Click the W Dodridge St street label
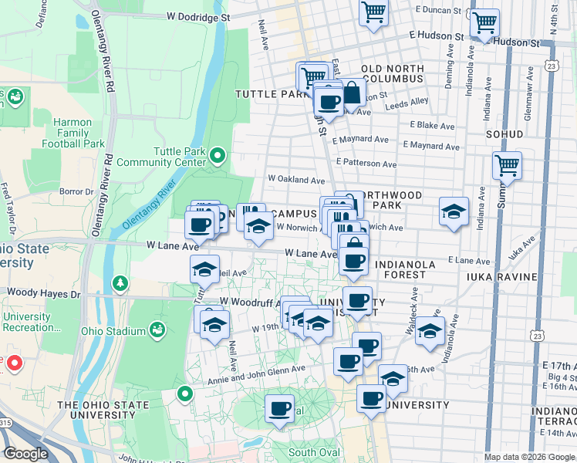pyautogui.click(x=198, y=16)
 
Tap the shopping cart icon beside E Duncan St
pyautogui.click(x=373, y=13)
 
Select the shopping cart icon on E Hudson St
pyautogui.click(x=484, y=23)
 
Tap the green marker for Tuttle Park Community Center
pyautogui.click(x=218, y=157)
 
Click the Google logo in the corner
pyautogui.click(x=25, y=454)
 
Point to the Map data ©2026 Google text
pyautogui.click(x=529, y=457)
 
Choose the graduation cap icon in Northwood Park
pyautogui.click(x=454, y=211)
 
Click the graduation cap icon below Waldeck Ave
pyautogui.click(x=430, y=330)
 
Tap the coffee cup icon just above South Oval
pyautogui.click(x=279, y=408)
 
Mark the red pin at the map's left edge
pyautogui.click(x=12, y=362)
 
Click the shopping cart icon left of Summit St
pyautogui.click(x=507, y=164)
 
